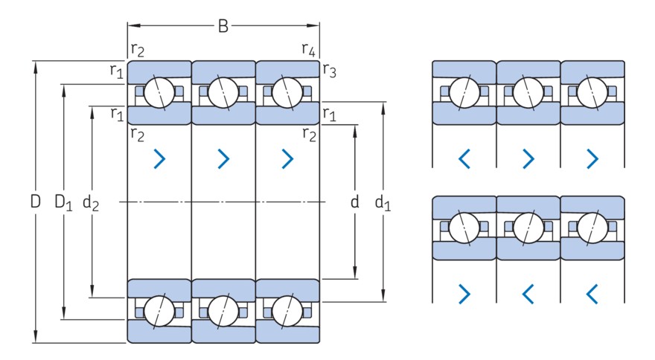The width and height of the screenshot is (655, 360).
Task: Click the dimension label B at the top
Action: (223, 27)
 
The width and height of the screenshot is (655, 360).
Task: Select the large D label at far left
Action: (35, 202)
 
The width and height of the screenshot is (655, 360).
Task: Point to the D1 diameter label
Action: (63, 202)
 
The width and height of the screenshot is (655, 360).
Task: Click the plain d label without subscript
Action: (354, 202)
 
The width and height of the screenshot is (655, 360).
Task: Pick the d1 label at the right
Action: (383, 202)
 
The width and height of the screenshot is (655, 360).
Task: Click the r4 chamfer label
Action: (308, 49)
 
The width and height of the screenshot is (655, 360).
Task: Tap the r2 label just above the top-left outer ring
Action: (138, 49)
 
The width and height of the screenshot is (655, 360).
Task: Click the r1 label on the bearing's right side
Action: (329, 113)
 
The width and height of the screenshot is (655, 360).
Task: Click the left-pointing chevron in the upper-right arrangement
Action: (464, 158)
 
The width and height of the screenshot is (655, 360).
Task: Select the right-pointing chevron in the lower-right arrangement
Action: (464, 294)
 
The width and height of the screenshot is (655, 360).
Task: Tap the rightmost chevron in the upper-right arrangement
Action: (592, 158)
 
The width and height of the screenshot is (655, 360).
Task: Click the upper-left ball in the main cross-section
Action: (159, 92)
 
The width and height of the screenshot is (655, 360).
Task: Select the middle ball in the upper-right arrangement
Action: (528, 92)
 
